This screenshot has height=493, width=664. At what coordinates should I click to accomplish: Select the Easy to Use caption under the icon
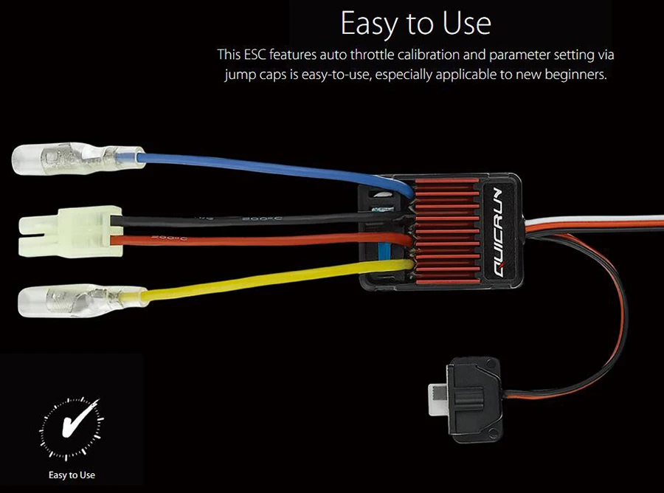click(72, 475)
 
